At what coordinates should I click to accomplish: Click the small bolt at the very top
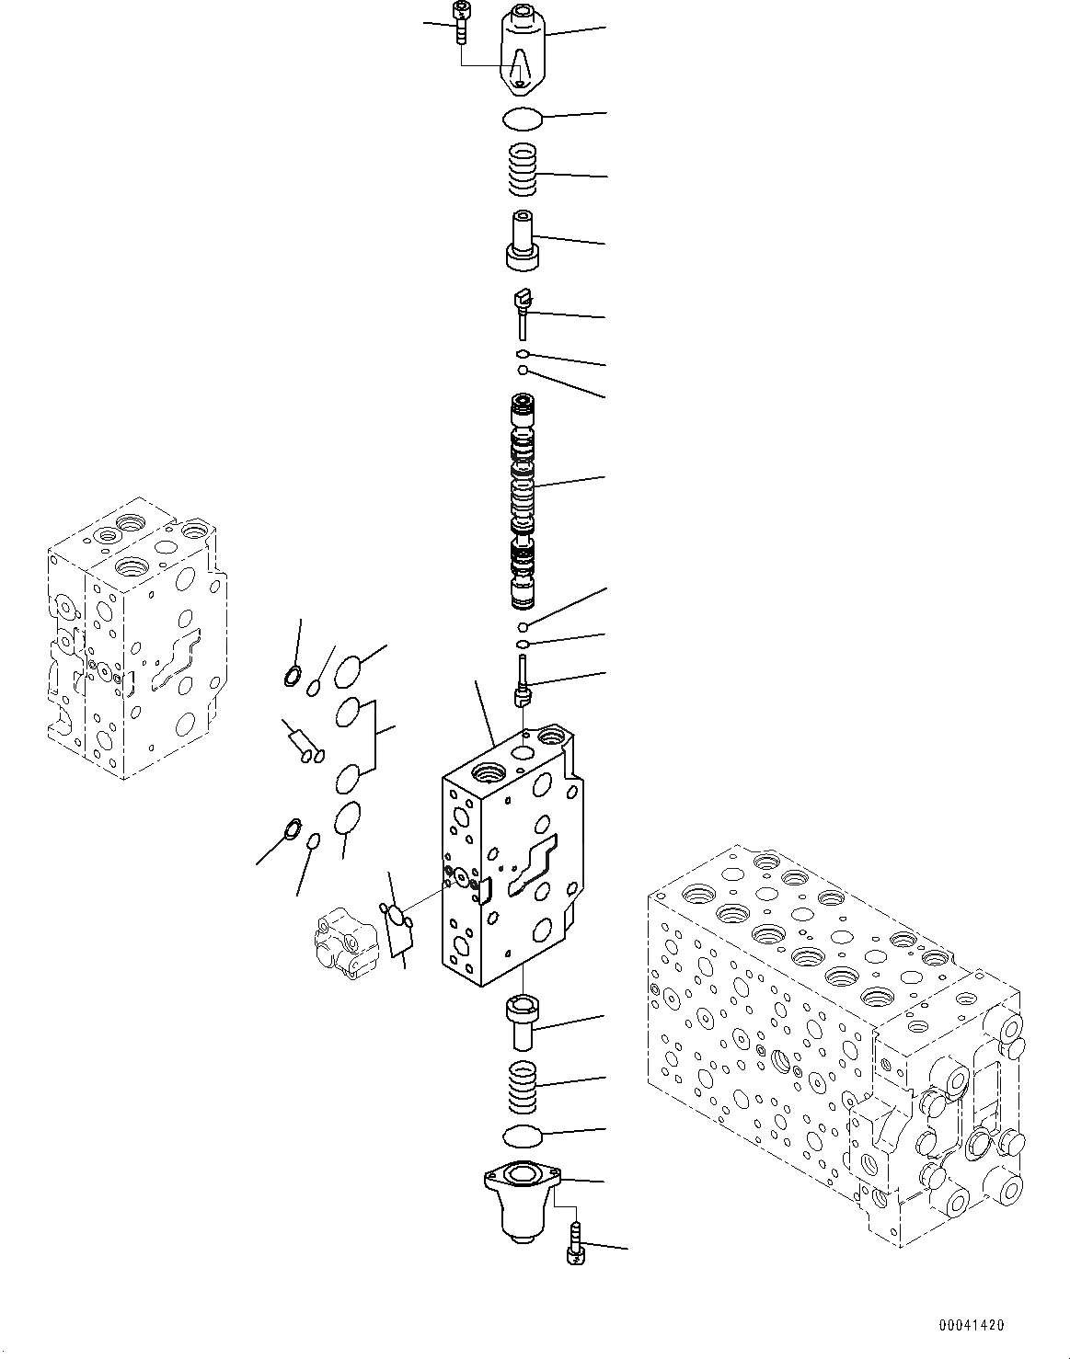(x=460, y=20)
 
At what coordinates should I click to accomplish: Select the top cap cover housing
(x=522, y=51)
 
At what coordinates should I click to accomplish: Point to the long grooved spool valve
(x=523, y=501)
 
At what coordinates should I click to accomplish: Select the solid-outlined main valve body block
(x=511, y=855)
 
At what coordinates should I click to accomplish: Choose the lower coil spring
(x=523, y=1085)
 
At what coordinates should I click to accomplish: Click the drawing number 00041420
(x=972, y=1325)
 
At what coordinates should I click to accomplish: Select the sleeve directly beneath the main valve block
(x=523, y=1020)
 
